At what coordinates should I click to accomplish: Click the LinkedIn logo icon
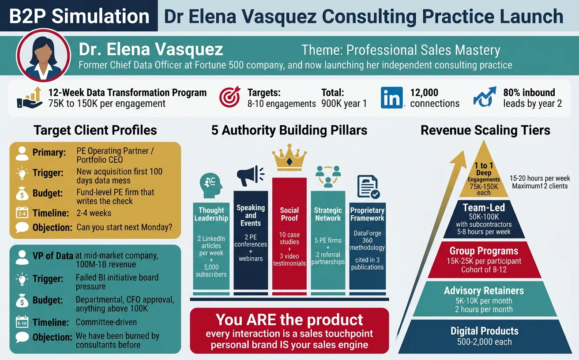[392, 97]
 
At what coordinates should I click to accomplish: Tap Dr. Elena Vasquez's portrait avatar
[43, 56]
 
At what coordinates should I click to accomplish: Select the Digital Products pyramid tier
[484, 336]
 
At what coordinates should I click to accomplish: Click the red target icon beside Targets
[230, 97]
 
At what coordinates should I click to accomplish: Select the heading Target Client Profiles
[95, 130]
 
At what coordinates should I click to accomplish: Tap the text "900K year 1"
[344, 104]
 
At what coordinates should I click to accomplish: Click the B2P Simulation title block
[79, 16]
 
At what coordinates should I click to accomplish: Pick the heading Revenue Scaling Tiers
[485, 130]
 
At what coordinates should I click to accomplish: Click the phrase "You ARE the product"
[289, 319]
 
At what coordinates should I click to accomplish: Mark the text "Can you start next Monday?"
[124, 228]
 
